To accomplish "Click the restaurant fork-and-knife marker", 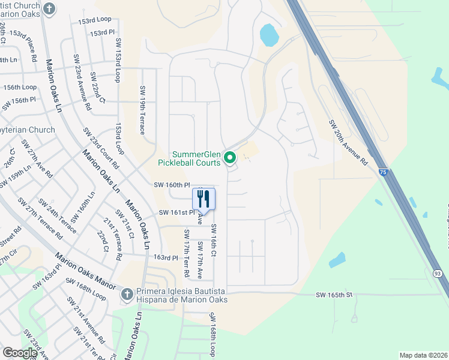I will [203, 198].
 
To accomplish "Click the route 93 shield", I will [436, 274].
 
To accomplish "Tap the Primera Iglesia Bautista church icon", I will [127, 295].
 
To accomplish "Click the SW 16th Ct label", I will [214, 239].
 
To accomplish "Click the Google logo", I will [20, 353].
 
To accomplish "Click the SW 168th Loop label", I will [212, 334].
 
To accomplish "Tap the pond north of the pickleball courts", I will [270, 35].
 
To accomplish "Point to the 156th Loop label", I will [20, 87].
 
